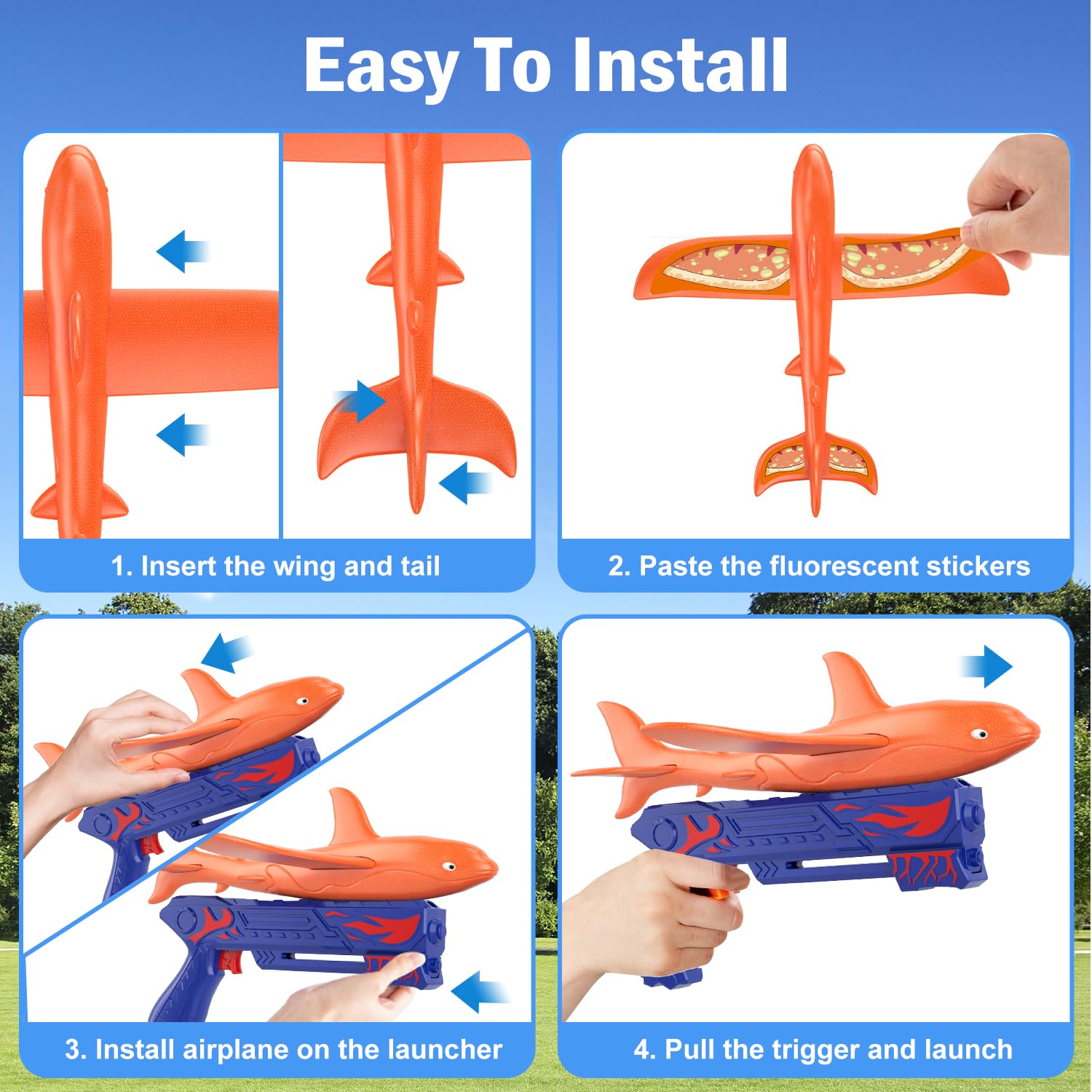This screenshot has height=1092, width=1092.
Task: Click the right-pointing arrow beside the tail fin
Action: [x=362, y=400]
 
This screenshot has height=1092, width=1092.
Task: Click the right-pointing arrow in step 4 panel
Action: [x=988, y=665]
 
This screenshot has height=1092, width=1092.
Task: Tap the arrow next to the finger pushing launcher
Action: [x=478, y=991]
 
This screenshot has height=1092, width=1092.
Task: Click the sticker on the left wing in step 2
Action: [x=728, y=266]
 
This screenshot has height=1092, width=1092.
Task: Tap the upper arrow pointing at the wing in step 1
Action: [x=182, y=252]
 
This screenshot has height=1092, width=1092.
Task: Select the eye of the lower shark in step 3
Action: [x=449, y=866]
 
